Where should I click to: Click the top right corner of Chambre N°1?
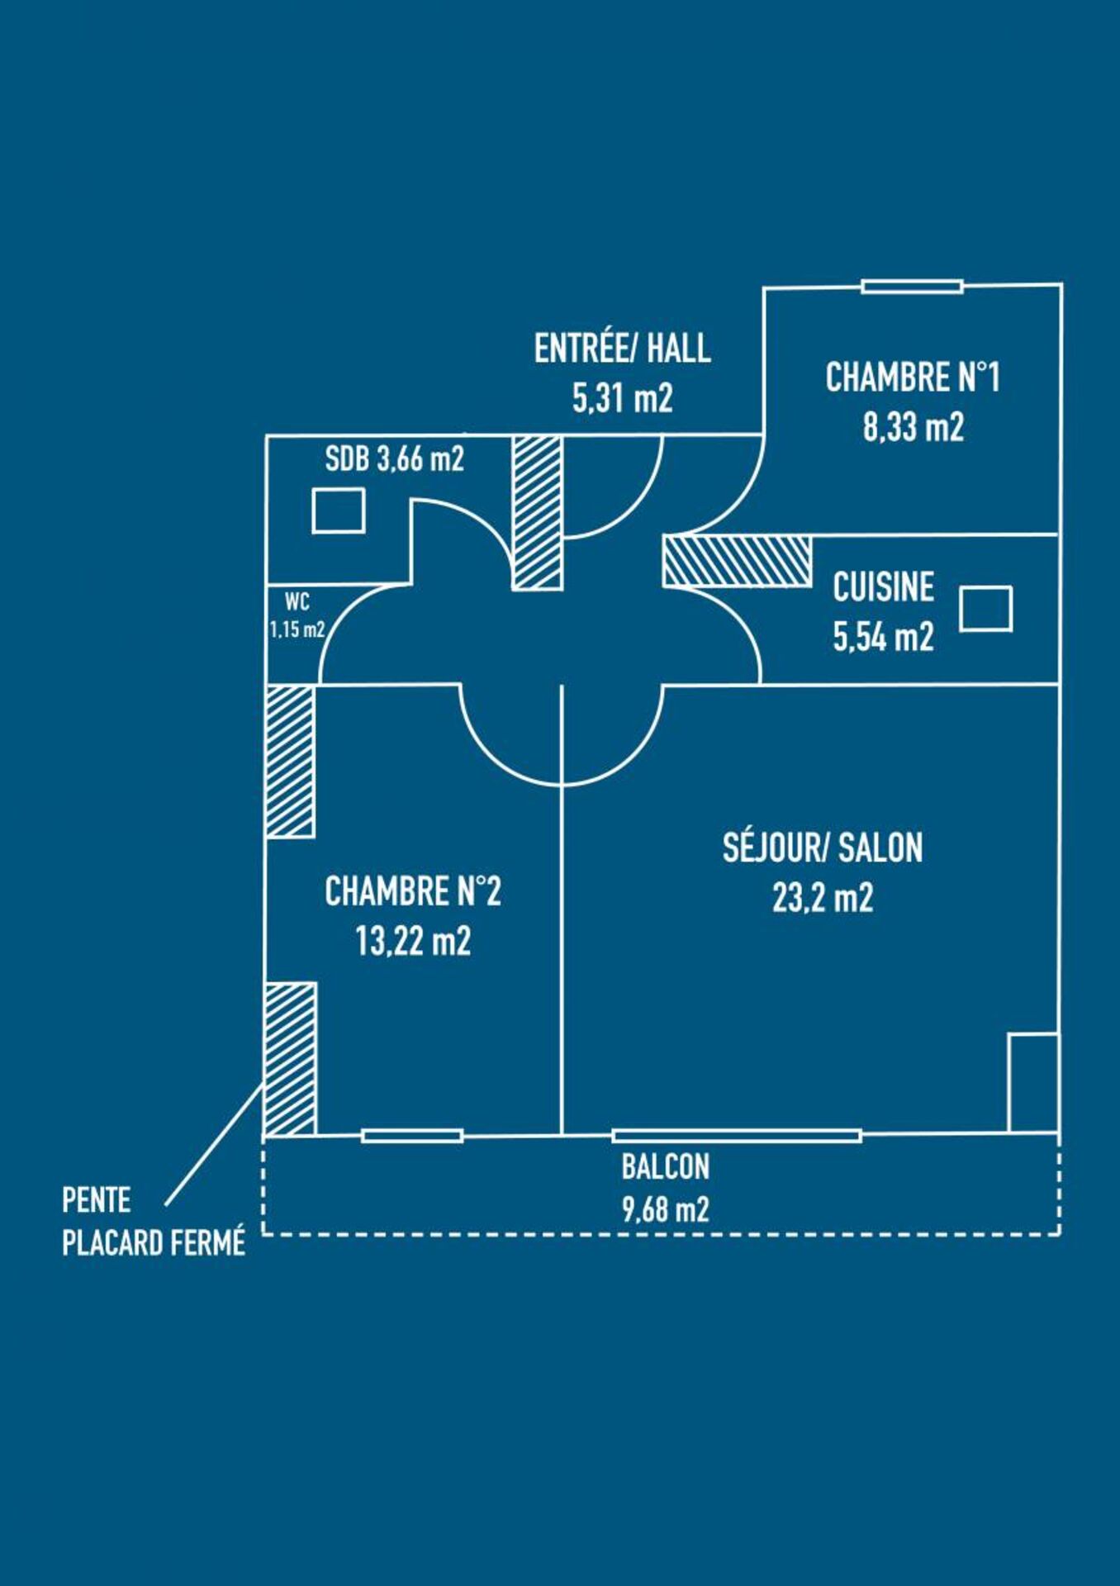point(1061,285)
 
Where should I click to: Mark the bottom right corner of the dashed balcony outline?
point(1060,1234)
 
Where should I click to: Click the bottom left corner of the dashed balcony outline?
point(263,1234)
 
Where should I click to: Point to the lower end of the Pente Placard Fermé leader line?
point(166,1205)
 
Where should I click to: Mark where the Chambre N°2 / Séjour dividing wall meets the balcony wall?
point(562,1135)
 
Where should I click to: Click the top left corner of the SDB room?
point(266,435)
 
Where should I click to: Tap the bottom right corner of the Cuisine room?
point(1059,684)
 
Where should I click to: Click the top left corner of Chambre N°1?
point(764,288)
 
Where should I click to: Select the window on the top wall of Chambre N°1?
point(912,287)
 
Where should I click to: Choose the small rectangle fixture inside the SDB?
point(339,510)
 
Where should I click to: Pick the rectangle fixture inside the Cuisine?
point(986,609)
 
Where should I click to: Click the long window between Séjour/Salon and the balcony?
point(737,1136)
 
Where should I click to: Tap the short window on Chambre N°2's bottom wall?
point(412,1136)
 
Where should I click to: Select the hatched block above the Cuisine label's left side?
point(737,562)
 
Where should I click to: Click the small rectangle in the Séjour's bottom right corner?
point(1033,1082)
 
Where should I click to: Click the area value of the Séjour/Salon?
point(823,898)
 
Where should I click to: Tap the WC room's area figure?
point(297,630)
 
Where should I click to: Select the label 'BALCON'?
point(666,1166)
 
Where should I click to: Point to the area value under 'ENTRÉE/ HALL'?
point(623,398)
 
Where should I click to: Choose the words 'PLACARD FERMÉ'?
point(154,1242)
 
